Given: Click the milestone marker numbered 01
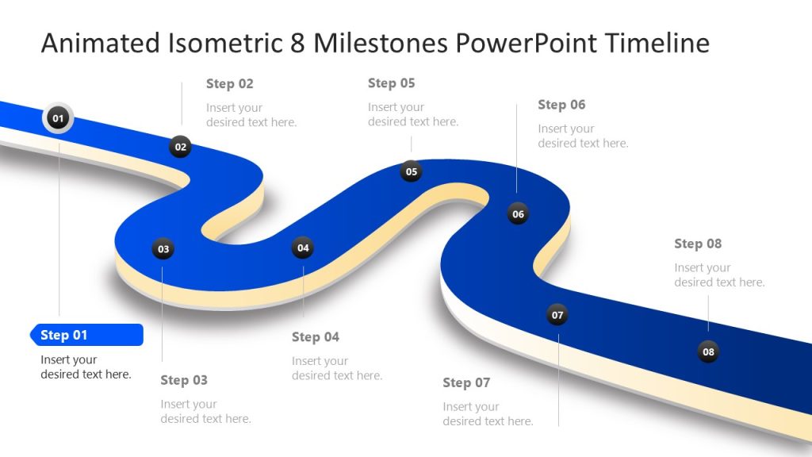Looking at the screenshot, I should click(x=57, y=119).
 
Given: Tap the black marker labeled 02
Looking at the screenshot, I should click(x=181, y=146).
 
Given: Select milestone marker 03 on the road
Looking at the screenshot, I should click(x=163, y=249).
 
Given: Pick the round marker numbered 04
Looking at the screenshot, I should click(x=303, y=248).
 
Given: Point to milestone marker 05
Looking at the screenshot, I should click(x=411, y=171).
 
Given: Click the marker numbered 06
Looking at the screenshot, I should click(x=518, y=213).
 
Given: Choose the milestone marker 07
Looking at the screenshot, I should click(x=557, y=315).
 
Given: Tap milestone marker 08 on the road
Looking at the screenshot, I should click(x=708, y=351).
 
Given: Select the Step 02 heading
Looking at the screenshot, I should click(x=229, y=83).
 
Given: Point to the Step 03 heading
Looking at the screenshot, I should click(x=183, y=380).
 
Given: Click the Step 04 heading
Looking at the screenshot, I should click(x=315, y=337).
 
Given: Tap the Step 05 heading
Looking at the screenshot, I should click(x=391, y=83).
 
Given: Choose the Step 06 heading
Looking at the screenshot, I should click(x=561, y=105).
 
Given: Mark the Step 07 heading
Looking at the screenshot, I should click(x=466, y=382).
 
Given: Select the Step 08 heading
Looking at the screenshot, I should click(x=698, y=244).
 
